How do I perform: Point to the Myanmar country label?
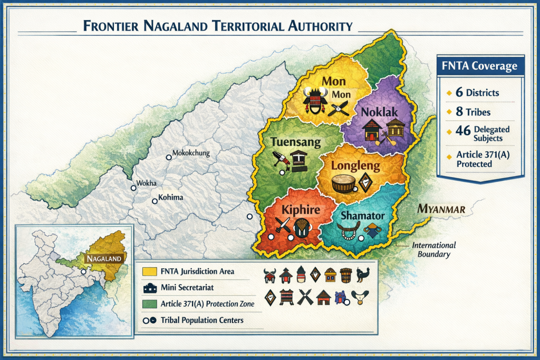441,209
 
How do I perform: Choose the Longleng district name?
355,166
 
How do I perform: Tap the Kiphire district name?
301,210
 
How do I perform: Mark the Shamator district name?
362,216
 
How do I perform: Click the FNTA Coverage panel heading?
476,67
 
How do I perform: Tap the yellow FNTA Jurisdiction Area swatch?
149,271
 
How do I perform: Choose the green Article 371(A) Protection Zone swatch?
149,304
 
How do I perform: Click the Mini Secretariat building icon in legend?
149,288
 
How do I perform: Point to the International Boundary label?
433,250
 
